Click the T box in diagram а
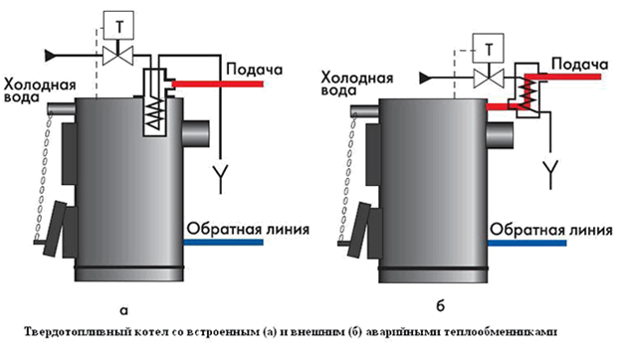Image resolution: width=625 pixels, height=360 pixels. point(118,26)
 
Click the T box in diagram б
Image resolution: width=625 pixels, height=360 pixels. point(488,48)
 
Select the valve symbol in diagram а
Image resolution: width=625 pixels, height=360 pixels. point(118,56)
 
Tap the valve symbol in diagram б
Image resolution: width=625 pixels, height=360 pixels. point(489,78)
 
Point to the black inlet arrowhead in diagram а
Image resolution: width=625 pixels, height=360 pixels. point(51,56)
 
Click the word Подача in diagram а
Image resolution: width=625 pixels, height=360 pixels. point(255,70)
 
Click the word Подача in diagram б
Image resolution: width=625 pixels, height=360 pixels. point(580,65)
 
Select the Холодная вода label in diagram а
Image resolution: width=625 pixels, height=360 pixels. point(40,90)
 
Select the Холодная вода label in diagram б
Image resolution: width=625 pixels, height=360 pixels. point(357,84)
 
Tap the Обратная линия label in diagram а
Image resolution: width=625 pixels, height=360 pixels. point(248,229)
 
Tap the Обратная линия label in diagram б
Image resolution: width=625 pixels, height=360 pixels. point(551,230)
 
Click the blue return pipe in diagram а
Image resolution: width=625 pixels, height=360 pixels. point(223,242)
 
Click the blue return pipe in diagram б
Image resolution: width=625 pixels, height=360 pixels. point(526,243)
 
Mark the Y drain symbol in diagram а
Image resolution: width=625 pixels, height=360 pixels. point(220,178)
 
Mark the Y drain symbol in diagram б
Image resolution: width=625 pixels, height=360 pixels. point(551,174)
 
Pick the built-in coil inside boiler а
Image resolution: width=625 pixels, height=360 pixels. point(154,113)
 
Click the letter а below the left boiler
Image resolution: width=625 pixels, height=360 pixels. point(124,310)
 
